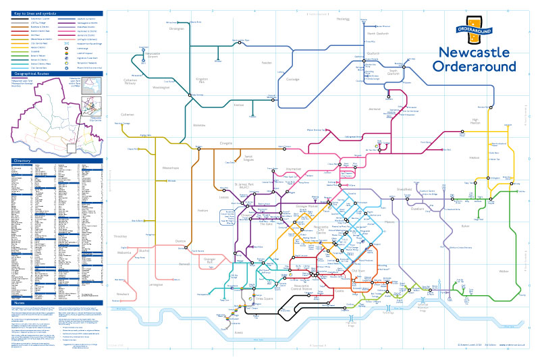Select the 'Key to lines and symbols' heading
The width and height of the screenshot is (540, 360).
[x=34, y=14]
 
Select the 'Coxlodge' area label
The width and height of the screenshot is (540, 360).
[x=292, y=79]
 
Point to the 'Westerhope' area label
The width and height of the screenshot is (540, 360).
[x=171, y=168]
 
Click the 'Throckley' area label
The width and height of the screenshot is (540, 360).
[x=119, y=236]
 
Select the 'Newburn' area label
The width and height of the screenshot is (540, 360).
[x=122, y=294]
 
